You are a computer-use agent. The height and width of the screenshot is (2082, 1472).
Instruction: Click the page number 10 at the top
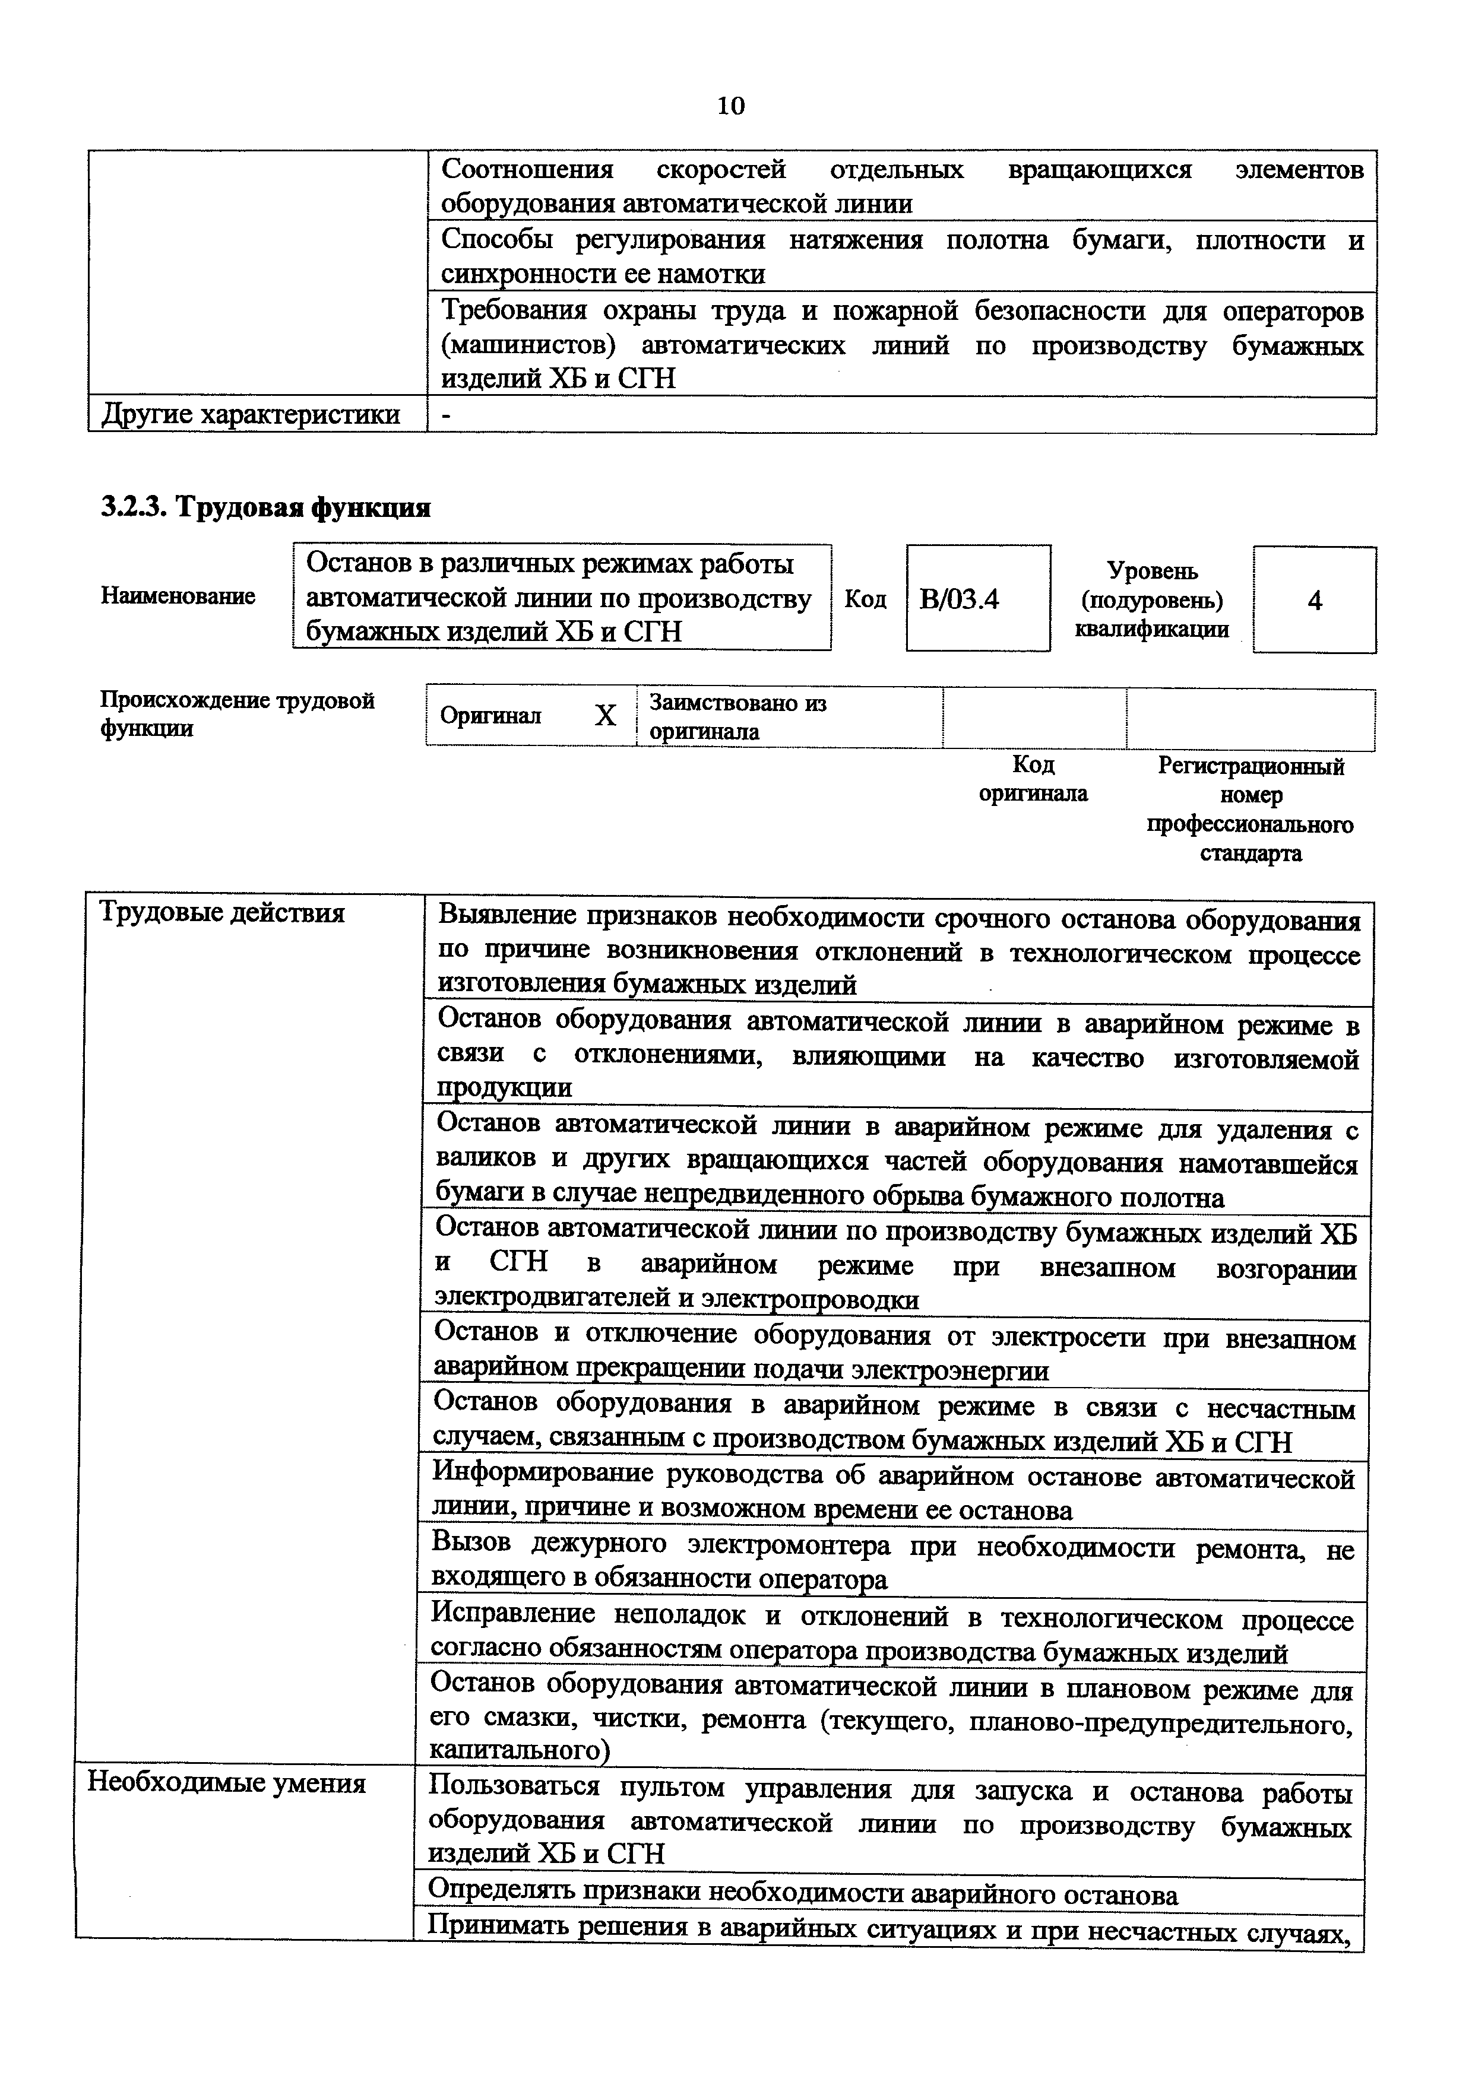pos(730,106)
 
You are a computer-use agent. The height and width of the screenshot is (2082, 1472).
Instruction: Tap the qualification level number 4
pos(1314,600)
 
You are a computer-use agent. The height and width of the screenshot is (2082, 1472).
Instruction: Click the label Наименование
pos(178,596)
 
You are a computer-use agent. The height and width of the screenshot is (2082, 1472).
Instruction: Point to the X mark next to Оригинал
pos(605,716)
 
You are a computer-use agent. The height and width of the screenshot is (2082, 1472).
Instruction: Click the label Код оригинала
pos(1033,779)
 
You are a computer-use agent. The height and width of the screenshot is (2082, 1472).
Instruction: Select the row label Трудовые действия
pos(221,912)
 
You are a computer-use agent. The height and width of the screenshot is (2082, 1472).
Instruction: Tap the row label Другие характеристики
pos(251,414)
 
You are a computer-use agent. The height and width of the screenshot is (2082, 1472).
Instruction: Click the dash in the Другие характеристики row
pos(445,414)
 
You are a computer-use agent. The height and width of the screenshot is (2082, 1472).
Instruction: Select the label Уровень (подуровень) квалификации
pos(1152,599)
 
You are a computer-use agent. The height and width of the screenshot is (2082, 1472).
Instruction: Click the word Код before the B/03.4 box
pos(865,599)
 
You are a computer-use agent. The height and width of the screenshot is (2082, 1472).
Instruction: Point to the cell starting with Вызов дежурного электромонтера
pos(891,1560)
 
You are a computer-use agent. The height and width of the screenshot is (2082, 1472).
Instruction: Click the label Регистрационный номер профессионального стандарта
pos(1251,810)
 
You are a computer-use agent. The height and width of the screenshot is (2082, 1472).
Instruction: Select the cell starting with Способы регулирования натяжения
pos(901,256)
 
